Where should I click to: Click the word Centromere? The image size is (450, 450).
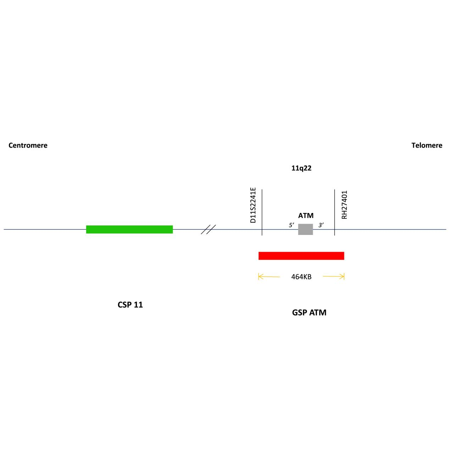tap(28, 145)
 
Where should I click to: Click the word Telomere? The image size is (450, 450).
tap(427, 145)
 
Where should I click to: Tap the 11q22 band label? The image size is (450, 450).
tap(301, 168)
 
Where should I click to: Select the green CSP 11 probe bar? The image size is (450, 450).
tap(129, 229)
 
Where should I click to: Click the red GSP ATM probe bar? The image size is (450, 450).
tap(301, 256)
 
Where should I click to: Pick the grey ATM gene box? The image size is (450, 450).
tap(305, 229)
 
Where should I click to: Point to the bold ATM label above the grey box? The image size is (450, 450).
tap(306, 215)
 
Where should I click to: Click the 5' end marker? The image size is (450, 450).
tap(291, 225)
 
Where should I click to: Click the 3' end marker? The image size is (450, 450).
tap(321, 225)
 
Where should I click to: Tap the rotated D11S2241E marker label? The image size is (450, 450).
tap(253, 205)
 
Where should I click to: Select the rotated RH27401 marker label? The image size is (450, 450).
tap(344, 205)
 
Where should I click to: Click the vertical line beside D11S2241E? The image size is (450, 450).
tap(262, 212)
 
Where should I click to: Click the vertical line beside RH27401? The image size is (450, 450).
tap(334, 212)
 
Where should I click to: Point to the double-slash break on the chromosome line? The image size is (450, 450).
tap(208, 229)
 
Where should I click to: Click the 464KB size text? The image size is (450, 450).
tap(301, 277)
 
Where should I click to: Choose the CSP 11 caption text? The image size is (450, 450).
tap(130, 304)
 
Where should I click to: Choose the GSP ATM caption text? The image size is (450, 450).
tap(309, 313)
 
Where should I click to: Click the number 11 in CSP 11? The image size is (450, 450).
tap(138, 304)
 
